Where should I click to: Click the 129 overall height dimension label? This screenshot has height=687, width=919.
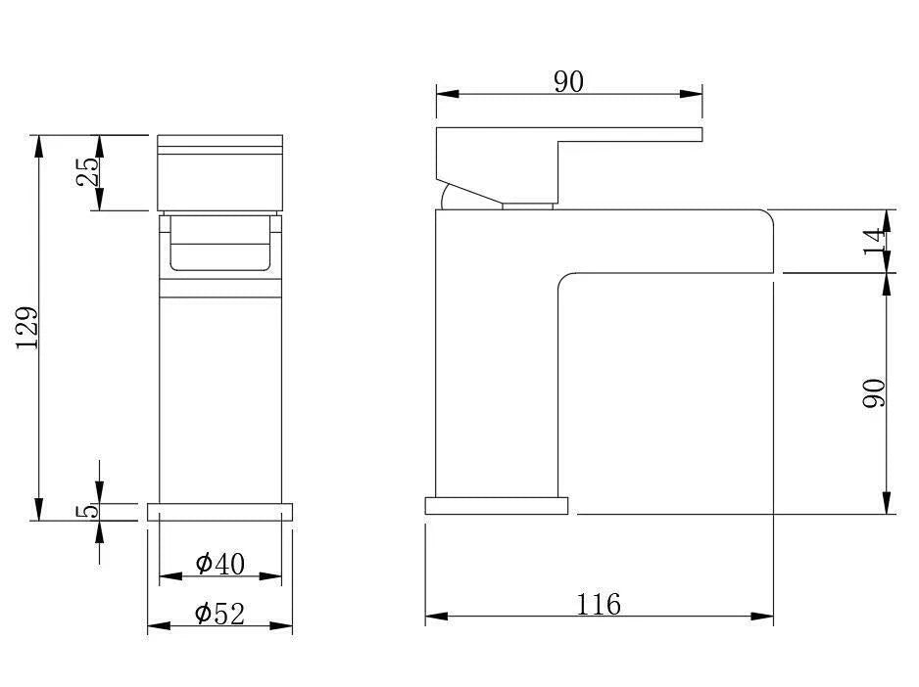point(27,328)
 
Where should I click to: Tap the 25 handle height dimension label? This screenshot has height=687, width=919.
point(87,171)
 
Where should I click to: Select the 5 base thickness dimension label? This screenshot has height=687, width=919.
point(87,511)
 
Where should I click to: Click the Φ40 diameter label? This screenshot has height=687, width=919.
point(219,564)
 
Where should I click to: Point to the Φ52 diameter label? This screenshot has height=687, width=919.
point(219,614)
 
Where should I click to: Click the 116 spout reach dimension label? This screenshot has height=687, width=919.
point(599,605)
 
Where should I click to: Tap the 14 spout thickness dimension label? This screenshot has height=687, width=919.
point(875,241)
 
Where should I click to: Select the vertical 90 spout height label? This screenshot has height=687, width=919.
point(875,393)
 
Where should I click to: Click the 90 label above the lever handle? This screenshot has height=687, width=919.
point(568,82)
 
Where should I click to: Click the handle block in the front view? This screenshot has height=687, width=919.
point(219,173)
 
